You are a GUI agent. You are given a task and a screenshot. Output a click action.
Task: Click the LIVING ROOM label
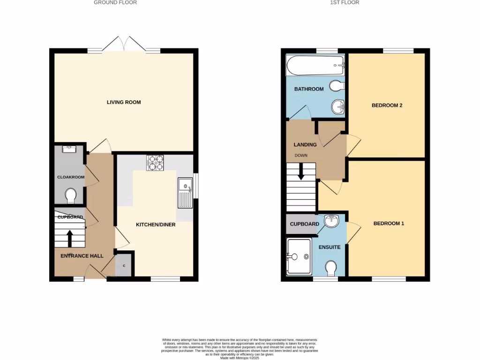coord(124,102)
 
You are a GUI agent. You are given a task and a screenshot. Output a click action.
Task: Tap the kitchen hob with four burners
coord(156,162)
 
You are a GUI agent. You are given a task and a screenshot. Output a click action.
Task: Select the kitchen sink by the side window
coord(186,193)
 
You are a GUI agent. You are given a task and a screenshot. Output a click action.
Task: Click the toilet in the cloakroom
coord(71,196)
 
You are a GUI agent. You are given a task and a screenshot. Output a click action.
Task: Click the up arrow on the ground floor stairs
coord(70,238)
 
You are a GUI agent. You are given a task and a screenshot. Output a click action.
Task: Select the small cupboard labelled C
coord(124,266)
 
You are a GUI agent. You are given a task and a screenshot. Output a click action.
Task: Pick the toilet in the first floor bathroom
coord(337,86)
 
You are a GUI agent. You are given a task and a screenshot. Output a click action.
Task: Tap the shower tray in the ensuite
coord(299,256)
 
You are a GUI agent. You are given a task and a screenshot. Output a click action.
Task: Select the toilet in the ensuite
coord(331,268)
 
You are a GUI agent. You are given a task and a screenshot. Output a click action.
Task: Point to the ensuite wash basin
coord(331,220)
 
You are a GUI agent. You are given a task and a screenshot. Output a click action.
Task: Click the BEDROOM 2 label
coord(387,105)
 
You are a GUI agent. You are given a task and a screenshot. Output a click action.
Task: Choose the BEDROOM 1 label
coord(389,224)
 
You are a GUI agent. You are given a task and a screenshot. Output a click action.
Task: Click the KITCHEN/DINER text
coord(156,225)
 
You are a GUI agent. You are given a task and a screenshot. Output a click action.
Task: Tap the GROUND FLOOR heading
coord(115,2)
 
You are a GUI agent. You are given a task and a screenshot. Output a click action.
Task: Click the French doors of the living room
coord(124,45)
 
